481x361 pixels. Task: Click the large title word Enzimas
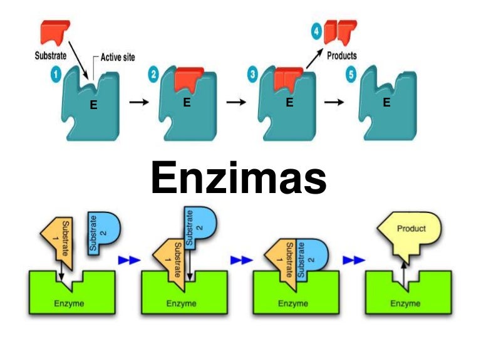[x=239, y=177]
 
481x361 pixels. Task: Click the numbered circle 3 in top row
[x=252, y=76]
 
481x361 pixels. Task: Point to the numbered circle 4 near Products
[x=318, y=29]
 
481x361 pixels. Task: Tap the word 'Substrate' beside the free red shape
[x=51, y=55]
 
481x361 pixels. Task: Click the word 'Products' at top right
[x=342, y=55]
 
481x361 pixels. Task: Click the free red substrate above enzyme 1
[x=56, y=32]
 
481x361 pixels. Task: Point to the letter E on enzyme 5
[x=386, y=103]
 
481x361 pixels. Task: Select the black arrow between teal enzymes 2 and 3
[x=235, y=103]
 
